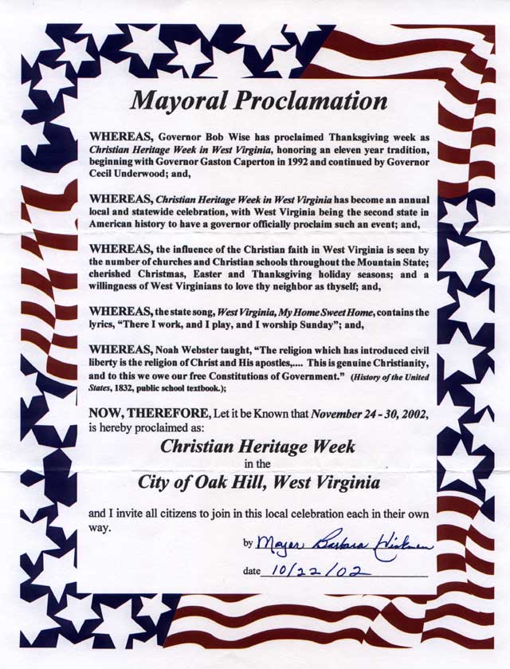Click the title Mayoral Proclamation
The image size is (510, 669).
coord(258,101)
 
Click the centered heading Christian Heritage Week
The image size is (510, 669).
coord(257,446)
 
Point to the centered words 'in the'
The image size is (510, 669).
coord(257,464)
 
